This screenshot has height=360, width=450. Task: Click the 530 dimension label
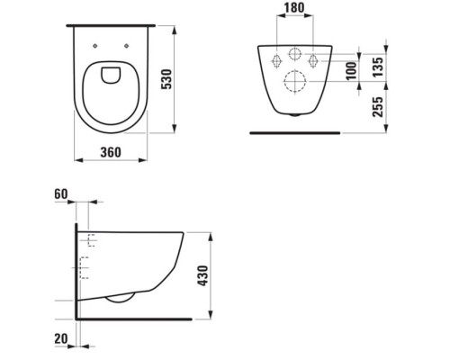coord(166,79)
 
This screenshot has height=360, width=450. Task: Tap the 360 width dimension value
coord(111,152)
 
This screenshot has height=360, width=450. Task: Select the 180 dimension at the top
coord(294,8)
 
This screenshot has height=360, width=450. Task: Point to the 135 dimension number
coord(378,67)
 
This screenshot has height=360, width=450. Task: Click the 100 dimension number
coord(351,71)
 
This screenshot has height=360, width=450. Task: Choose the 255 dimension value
coord(378,107)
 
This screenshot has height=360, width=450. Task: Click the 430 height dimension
coord(203,275)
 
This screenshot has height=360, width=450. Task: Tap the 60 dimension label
coord(61,194)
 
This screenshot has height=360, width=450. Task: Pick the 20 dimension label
coord(61,339)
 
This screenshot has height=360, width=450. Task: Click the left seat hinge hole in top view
coord(95,46)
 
